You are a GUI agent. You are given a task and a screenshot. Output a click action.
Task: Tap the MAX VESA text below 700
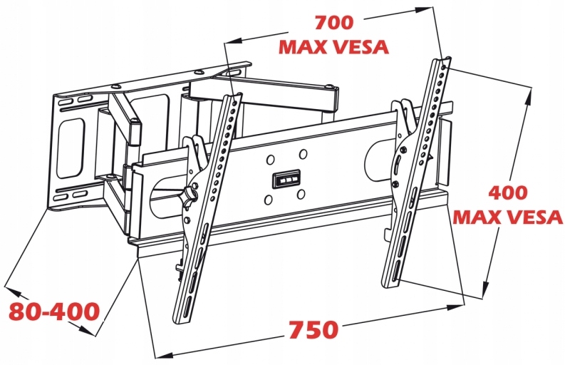333,47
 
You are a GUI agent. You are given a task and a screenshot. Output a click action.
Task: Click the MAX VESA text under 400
507,217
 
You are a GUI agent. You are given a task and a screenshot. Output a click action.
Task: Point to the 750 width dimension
313,331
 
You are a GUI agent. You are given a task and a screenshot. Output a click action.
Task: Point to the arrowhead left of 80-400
10,288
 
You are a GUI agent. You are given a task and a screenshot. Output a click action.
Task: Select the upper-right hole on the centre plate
303,153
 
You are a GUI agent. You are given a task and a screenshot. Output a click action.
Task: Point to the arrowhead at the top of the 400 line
531,89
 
